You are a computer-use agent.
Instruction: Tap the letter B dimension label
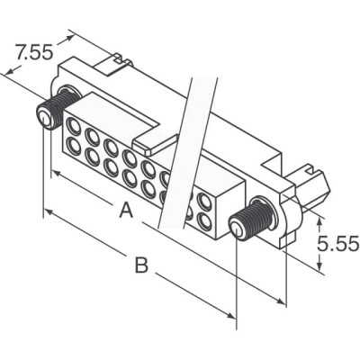(140, 265)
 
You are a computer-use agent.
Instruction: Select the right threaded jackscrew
(249, 219)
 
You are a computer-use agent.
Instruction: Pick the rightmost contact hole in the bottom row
(204, 219)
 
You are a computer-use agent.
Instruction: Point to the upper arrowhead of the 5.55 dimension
(321, 219)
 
